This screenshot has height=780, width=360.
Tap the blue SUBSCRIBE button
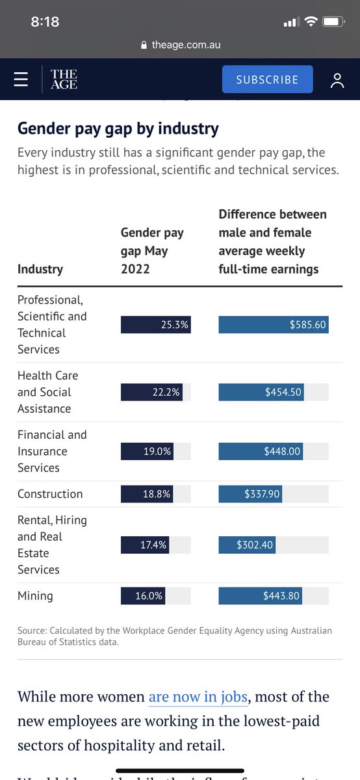(267, 79)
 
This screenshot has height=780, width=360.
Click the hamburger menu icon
(21, 79)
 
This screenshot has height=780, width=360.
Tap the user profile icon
(337, 80)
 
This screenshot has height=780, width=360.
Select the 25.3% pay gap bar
(155, 324)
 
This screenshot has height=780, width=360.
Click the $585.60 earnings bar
(274, 324)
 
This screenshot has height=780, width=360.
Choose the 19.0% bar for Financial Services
(148, 451)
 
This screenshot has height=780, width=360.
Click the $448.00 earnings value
(281, 451)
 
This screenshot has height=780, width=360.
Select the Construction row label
(50, 494)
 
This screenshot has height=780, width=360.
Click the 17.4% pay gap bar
(145, 545)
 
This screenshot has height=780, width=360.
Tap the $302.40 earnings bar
(247, 545)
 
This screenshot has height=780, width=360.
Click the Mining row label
(35, 596)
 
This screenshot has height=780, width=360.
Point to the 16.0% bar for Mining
(143, 596)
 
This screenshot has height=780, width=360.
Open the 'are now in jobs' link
(198, 697)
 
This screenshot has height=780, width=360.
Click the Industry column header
(40, 268)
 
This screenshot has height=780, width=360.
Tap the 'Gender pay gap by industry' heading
(118, 128)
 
